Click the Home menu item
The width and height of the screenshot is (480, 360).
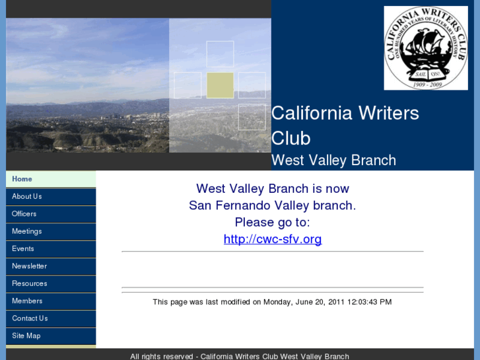[x=22, y=179]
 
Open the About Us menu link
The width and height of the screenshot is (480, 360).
[x=26, y=196]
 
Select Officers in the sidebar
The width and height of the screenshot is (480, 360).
[x=24, y=214]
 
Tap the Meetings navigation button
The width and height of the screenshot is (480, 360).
[x=26, y=231]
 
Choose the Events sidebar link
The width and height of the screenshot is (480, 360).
[x=22, y=248]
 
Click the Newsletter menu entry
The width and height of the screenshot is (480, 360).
[x=29, y=266]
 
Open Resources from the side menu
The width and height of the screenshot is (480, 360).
[x=29, y=283]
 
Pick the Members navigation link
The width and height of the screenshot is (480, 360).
[x=27, y=301]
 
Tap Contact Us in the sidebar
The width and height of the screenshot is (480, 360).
[x=30, y=318]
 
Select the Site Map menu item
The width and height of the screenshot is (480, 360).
[x=26, y=336]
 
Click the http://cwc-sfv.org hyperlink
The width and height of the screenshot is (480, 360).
[x=272, y=239]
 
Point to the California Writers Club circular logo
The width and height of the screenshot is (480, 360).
[x=426, y=48]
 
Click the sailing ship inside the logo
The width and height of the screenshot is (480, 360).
[x=427, y=49]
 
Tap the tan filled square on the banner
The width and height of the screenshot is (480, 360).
[x=220, y=85]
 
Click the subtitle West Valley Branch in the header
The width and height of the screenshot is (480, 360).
[x=333, y=161]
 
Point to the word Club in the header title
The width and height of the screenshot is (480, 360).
[x=291, y=138]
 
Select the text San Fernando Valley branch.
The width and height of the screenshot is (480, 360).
[x=272, y=205]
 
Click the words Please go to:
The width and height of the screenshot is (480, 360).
[x=272, y=223]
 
